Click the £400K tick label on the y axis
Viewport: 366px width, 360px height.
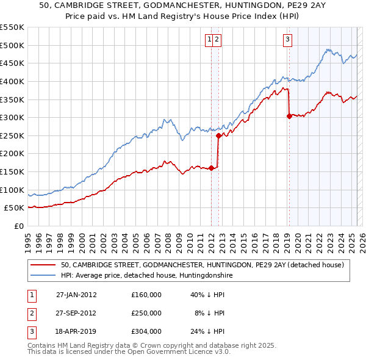(x=12, y=81)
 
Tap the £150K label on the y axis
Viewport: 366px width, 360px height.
(x=12, y=172)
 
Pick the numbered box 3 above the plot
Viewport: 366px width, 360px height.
(x=287, y=40)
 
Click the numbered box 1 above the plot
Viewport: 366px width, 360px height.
(x=209, y=40)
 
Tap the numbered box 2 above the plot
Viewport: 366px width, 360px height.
(x=217, y=40)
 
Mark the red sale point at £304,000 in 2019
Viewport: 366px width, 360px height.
(x=289, y=116)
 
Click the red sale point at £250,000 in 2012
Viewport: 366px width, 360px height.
(x=218, y=135)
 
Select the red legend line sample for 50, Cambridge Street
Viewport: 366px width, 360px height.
(x=42, y=265)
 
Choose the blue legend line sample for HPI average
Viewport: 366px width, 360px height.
(x=42, y=276)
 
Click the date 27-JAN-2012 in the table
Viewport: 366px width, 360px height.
(x=76, y=295)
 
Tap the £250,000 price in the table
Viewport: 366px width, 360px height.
(x=146, y=313)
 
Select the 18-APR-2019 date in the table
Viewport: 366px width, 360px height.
(x=76, y=331)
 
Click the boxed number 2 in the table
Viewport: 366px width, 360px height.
(x=31, y=313)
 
